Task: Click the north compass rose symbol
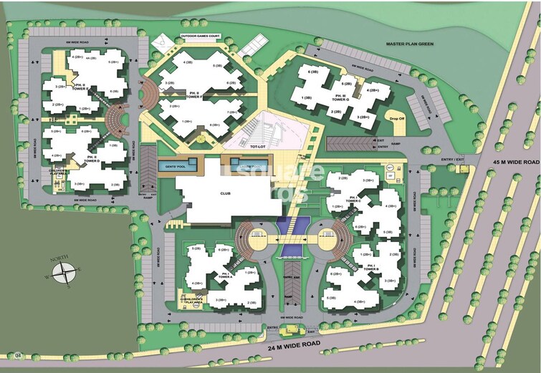[66, 271]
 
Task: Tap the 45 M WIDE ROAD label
[511, 163]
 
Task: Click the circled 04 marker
[18, 354]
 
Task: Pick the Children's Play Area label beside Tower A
[192, 301]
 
